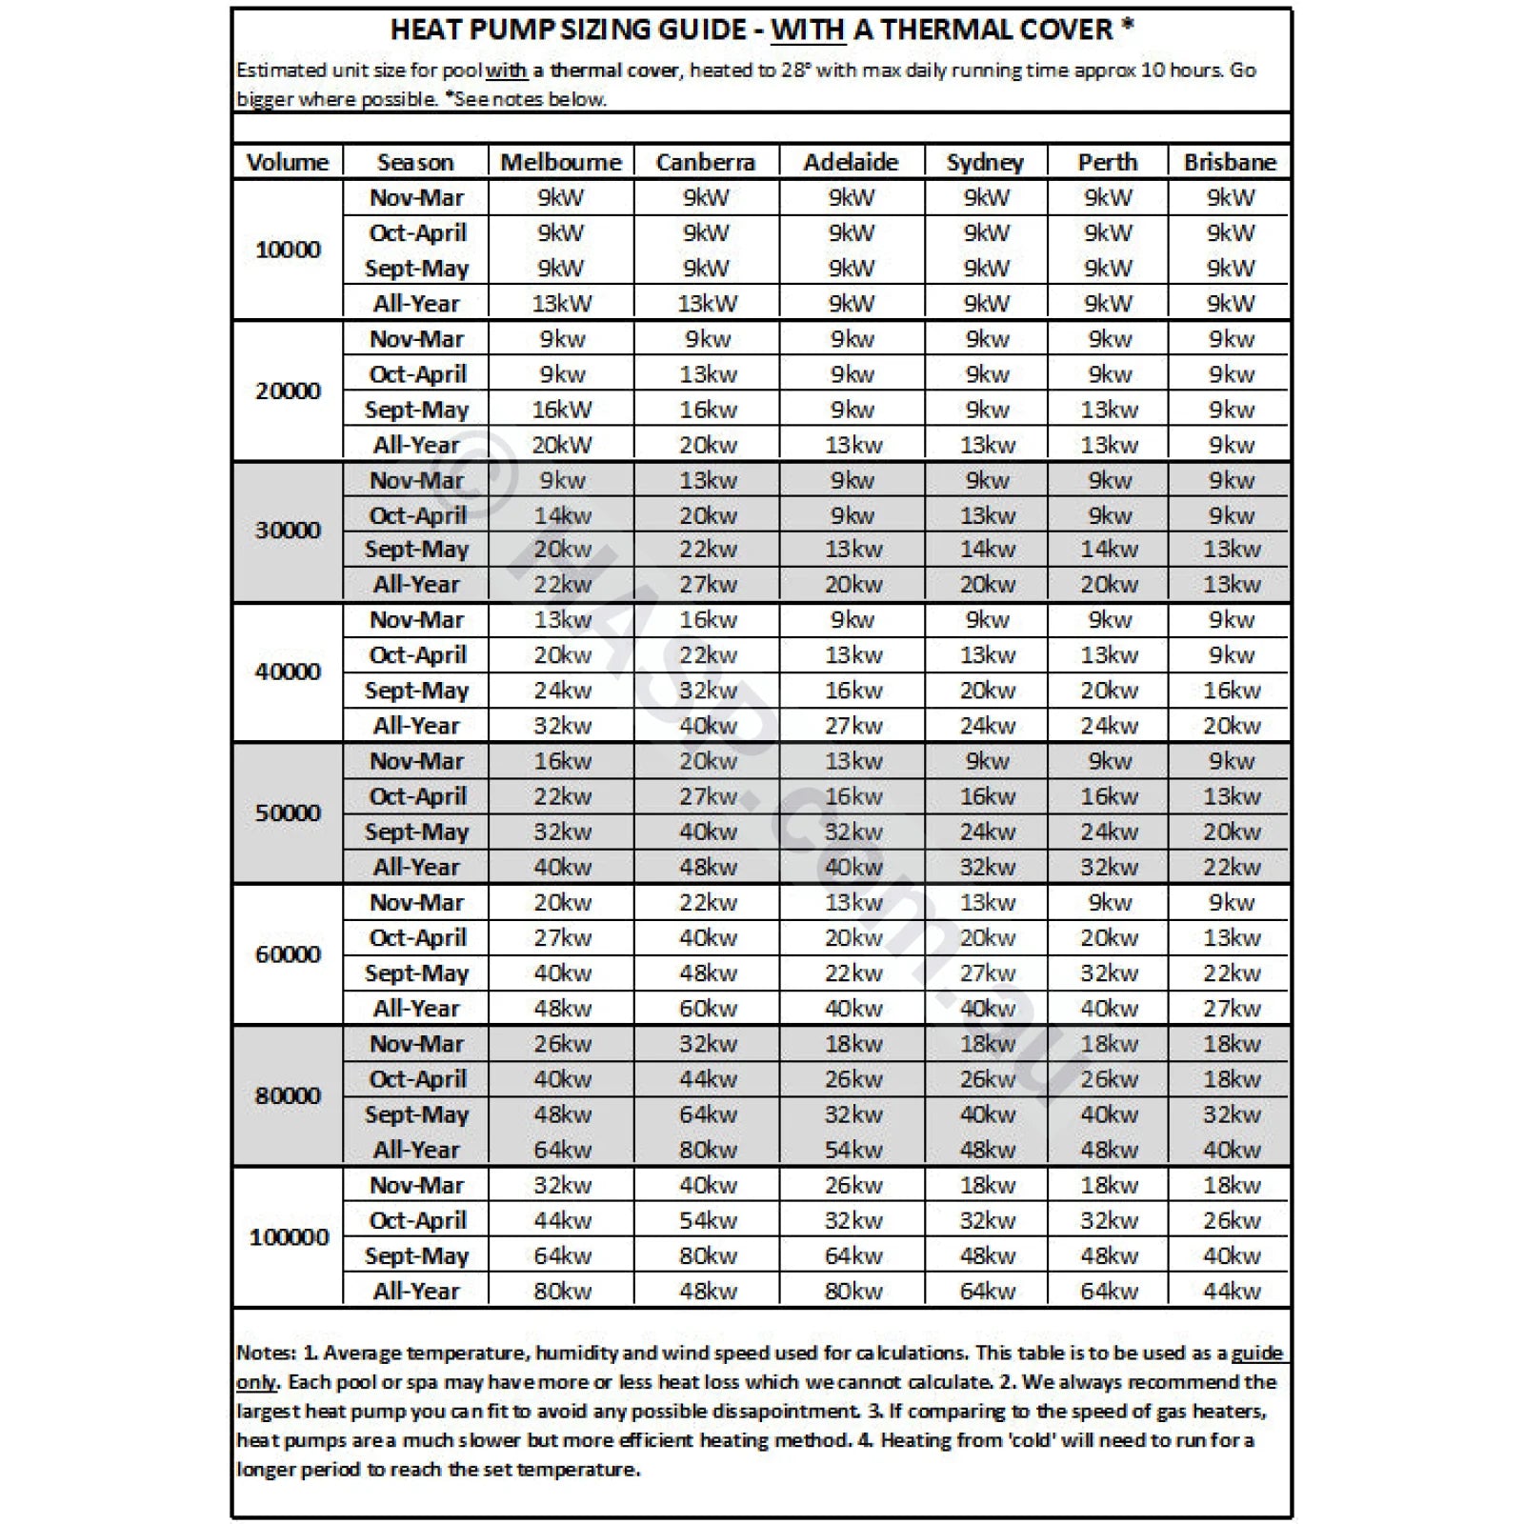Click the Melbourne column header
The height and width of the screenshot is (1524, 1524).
tap(560, 162)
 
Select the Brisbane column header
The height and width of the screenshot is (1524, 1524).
tap(1230, 162)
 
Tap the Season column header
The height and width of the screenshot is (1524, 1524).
tap(415, 162)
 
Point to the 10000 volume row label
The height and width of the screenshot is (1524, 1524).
tap(288, 250)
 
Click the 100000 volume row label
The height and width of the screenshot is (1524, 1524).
tap(289, 1237)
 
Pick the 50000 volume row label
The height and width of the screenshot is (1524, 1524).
tap(288, 812)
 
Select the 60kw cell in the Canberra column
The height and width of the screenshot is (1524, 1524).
tap(708, 1008)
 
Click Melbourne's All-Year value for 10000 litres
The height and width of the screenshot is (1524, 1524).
tap(561, 304)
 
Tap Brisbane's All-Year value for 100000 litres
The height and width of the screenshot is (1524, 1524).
tap(1231, 1291)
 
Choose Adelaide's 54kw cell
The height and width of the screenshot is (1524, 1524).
tap(852, 1150)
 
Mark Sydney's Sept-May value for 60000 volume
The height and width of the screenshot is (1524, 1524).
tap(987, 973)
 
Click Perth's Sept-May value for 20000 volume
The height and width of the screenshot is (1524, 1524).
tap(1109, 410)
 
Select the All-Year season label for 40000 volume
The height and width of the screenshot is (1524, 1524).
tap(416, 726)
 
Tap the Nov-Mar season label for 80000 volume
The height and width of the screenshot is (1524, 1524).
tap(416, 1044)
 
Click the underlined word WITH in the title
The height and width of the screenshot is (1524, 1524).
tap(808, 30)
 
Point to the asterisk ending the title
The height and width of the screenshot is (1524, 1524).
tap(1128, 26)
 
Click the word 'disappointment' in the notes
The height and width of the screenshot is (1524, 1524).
tap(786, 1411)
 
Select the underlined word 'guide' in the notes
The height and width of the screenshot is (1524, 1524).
tap(1256, 1353)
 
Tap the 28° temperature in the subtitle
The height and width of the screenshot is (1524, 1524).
tap(794, 70)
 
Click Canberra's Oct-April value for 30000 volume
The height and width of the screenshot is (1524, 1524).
tap(708, 515)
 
